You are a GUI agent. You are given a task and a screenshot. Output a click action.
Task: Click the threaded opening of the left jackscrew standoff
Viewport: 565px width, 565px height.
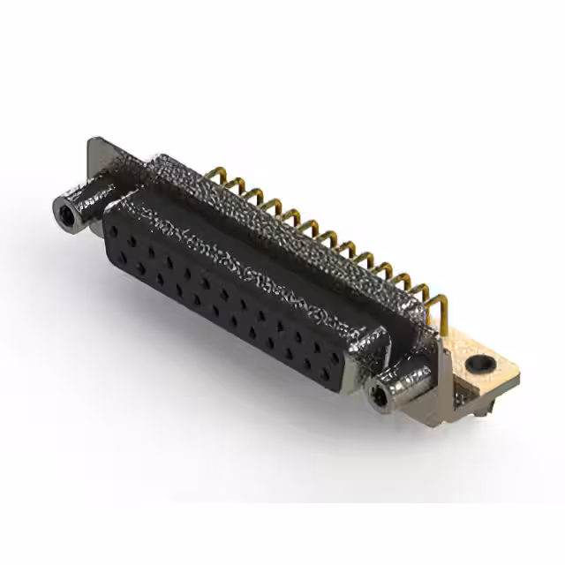click(x=66, y=213)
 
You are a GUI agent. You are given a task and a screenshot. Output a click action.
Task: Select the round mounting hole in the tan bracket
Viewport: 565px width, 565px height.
click(x=478, y=362)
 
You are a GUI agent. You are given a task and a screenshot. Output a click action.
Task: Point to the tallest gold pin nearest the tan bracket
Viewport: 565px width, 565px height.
click(x=441, y=304)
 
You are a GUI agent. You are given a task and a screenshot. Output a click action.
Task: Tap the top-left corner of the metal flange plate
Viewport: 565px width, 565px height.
click(x=95, y=141)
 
